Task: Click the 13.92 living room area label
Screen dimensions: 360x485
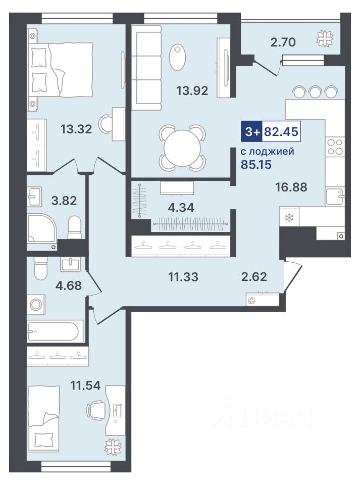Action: [x=192, y=90]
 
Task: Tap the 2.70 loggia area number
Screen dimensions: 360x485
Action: [x=283, y=42]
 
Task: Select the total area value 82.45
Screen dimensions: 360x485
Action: [x=281, y=131]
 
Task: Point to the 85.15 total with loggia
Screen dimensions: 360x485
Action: [x=256, y=164]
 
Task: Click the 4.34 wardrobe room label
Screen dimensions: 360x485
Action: [x=181, y=208]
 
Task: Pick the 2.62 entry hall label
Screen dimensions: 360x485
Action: [x=254, y=276]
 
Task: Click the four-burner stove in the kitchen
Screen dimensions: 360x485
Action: [x=335, y=147]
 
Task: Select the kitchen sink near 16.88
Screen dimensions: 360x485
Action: [x=335, y=196]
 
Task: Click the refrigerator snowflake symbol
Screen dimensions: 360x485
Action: [x=289, y=218]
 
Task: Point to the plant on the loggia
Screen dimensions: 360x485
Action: [x=325, y=38]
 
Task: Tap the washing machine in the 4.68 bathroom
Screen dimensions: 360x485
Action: [x=36, y=305]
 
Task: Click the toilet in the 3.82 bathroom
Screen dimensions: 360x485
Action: [x=74, y=227]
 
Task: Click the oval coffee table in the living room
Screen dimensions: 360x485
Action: [x=178, y=58]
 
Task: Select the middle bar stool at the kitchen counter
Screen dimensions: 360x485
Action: [x=315, y=91]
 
